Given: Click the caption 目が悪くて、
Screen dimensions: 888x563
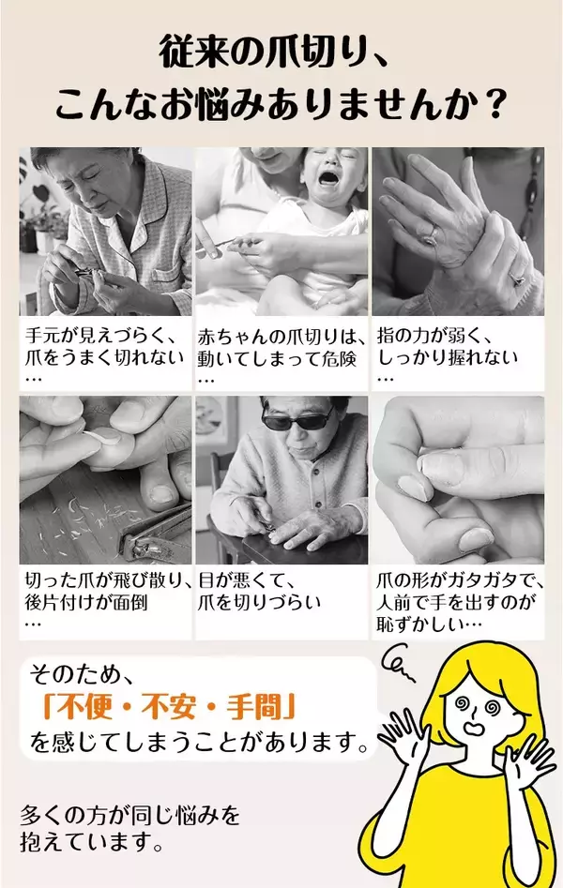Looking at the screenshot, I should [245, 581].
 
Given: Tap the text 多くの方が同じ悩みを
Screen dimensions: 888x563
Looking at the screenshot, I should [130, 813].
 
